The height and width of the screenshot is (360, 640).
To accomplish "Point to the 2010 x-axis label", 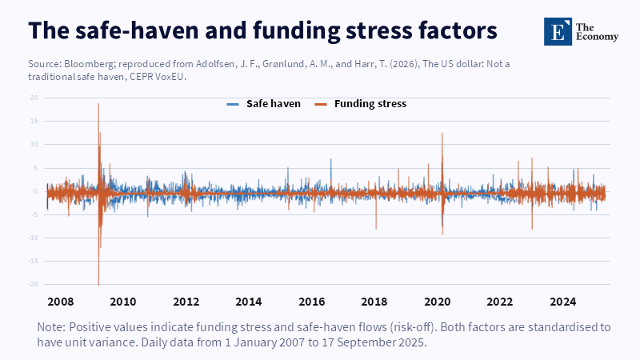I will (x=122, y=302).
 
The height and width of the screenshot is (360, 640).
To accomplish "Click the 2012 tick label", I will (x=186, y=302).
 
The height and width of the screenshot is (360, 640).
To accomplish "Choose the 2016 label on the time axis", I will (x=312, y=302).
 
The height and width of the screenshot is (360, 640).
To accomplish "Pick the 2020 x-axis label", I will (x=438, y=302).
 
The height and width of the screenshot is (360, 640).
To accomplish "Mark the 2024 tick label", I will (x=564, y=302).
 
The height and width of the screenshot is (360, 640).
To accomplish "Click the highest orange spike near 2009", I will (x=98, y=105).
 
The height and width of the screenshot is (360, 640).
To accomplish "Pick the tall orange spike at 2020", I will (x=442, y=134).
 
